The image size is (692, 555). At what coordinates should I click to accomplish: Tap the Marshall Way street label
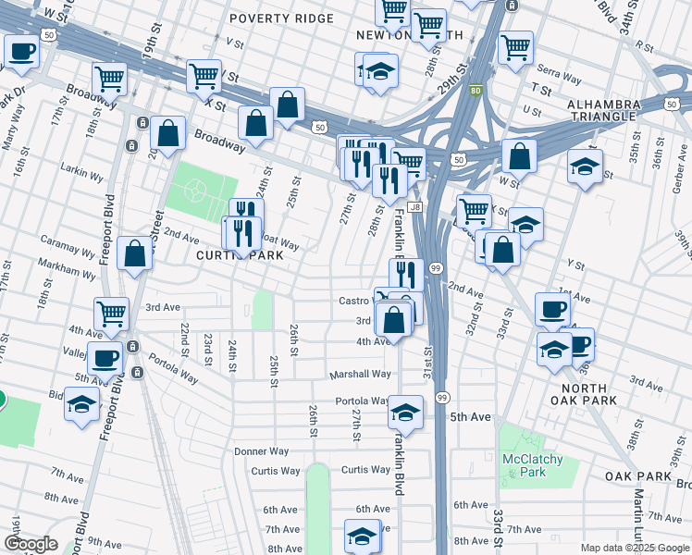click(361, 375)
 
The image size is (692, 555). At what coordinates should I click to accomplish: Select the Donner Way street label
click(262, 451)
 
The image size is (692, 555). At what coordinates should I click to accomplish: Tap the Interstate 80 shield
click(475, 91)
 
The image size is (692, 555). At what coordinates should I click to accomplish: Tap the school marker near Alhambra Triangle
click(585, 167)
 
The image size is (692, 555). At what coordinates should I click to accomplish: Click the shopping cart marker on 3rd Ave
click(111, 313)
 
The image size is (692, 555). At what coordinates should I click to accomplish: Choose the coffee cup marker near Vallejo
click(104, 358)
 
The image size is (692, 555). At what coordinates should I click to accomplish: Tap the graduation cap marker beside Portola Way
click(404, 412)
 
